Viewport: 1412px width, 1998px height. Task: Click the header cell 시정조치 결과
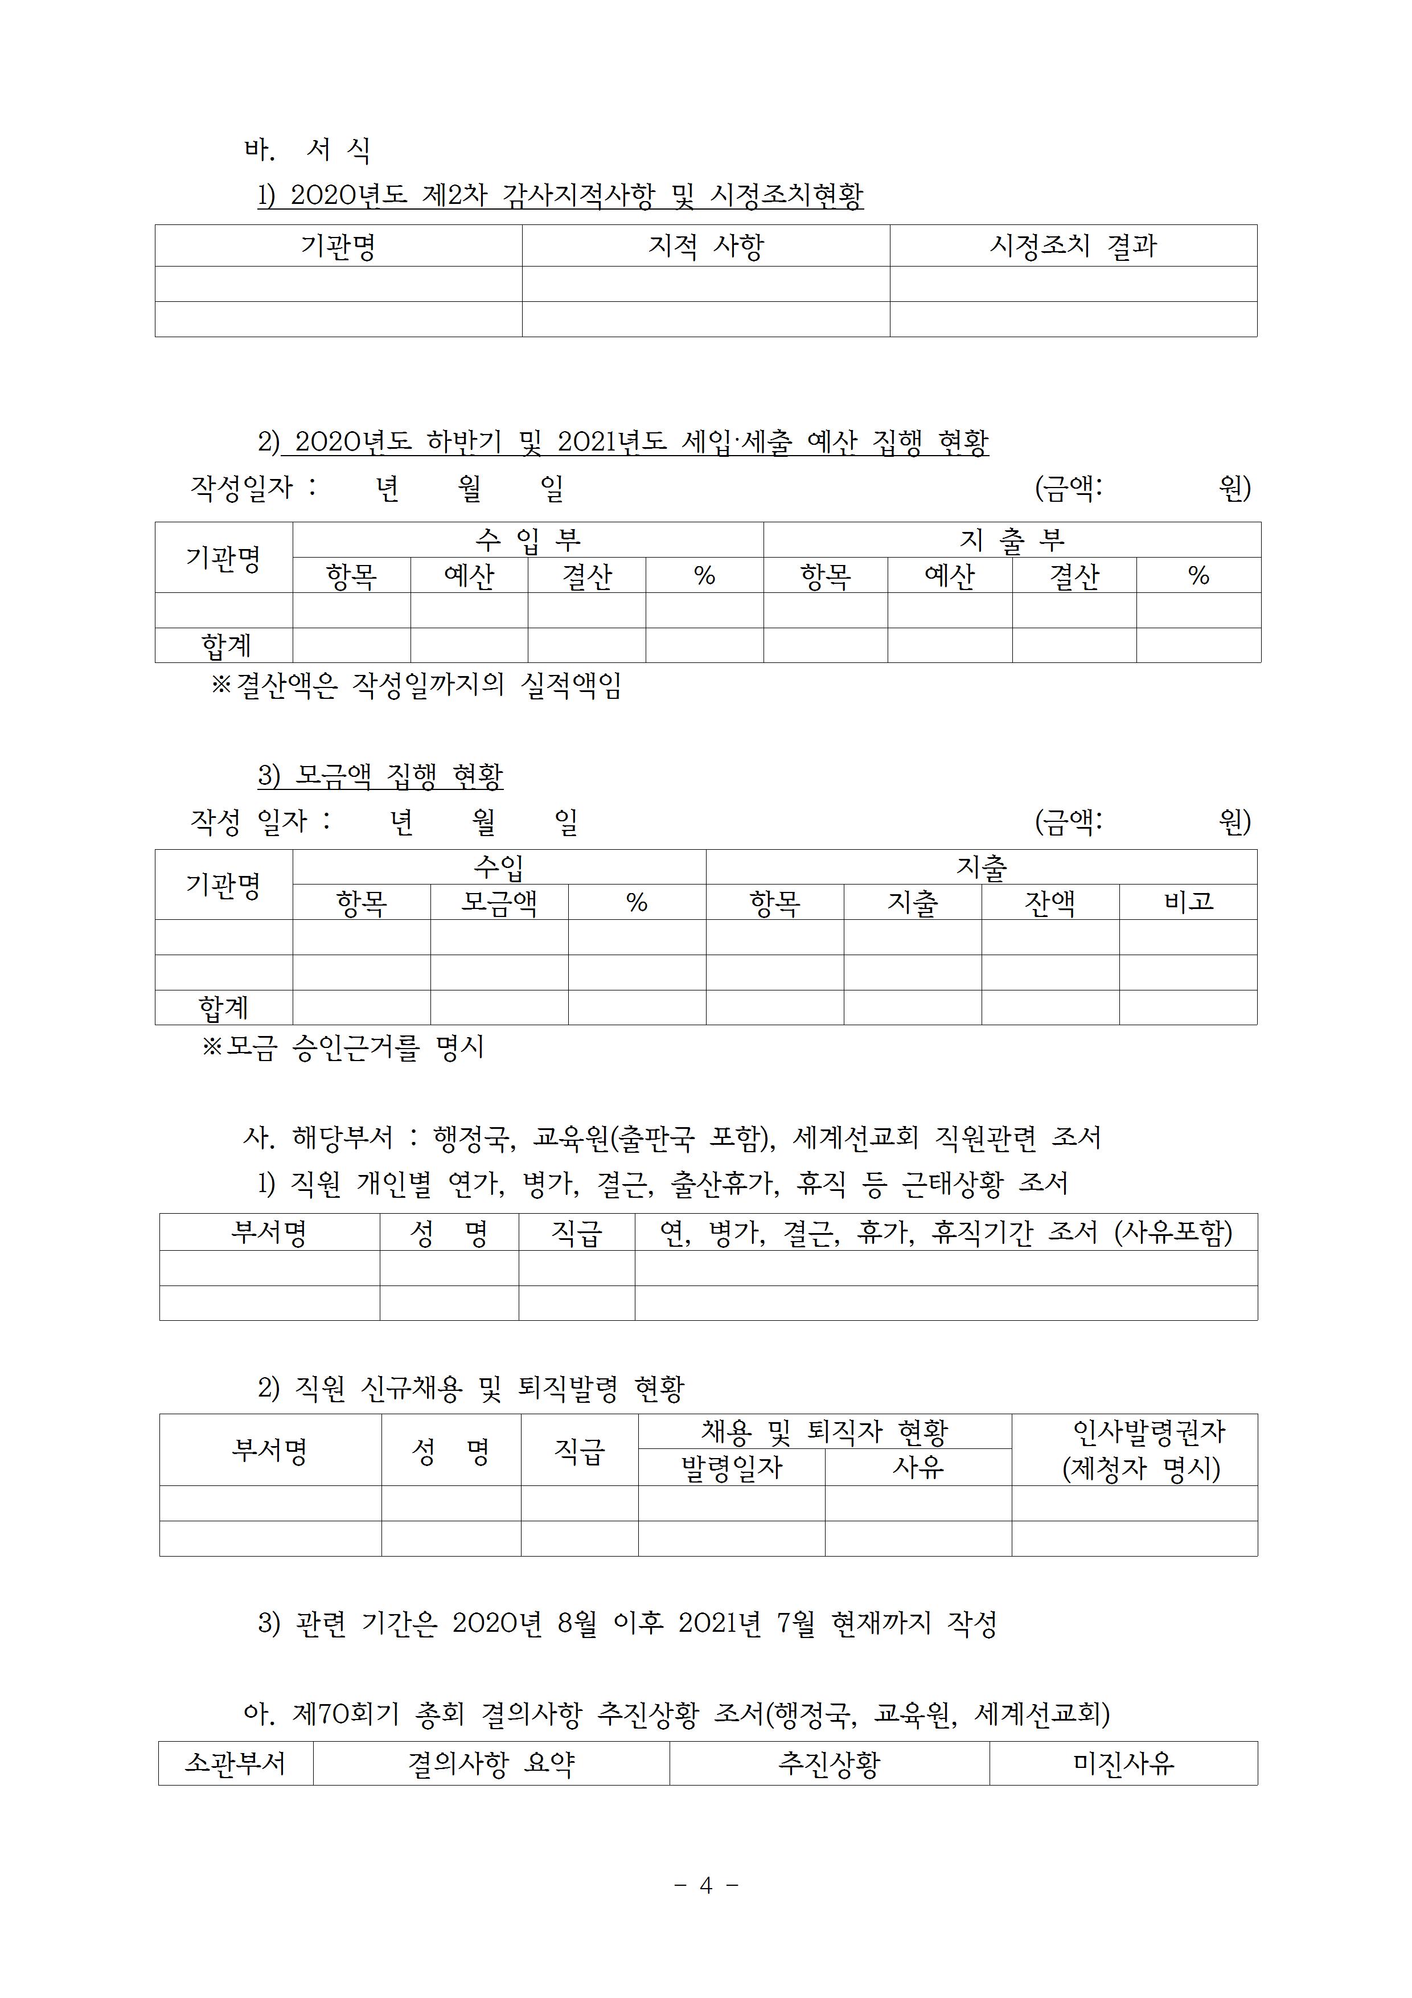[1073, 246]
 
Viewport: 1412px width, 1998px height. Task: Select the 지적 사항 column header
[705, 246]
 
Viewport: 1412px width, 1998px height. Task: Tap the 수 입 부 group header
[527, 541]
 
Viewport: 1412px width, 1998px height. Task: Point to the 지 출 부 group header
[1012, 541]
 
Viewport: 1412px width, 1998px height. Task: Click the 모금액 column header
[499, 902]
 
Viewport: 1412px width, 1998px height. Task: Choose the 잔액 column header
[1050, 902]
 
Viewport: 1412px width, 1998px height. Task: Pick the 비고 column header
[1188, 902]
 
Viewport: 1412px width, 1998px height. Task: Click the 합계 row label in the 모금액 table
[224, 1008]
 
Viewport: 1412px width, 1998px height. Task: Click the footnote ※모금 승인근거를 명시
[343, 1047]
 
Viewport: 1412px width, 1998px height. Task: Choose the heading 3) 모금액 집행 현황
[380, 775]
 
